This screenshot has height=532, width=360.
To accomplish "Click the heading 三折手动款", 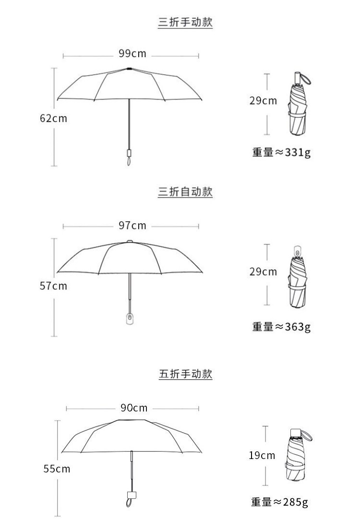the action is pyautogui.click(x=185, y=22).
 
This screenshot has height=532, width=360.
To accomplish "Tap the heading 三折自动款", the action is pyautogui.click(x=185, y=192).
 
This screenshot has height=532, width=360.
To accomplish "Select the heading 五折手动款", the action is pyautogui.click(x=185, y=374).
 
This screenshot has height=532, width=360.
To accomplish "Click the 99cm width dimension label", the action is pyautogui.click(x=132, y=54).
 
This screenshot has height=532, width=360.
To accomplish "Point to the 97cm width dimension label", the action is pyautogui.click(x=132, y=225).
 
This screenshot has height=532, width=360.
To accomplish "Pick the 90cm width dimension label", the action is pyautogui.click(x=134, y=408).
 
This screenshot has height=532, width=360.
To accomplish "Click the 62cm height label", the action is pyautogui.click(x=53, y=118).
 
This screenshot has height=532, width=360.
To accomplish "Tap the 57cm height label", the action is pyautogui.click(x=53, y=286).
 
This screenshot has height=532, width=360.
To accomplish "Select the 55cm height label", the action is pyautogui.click(x=57, y=469).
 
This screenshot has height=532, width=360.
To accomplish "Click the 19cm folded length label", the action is pyautogui.click(x=262, y=455).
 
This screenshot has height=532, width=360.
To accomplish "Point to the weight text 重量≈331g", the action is pyautogui.click(x=281, y=152).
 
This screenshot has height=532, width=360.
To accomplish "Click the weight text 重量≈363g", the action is pyautogui.click(x=281, y=326).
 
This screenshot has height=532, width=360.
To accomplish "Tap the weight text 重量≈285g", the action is pyautogui.click(x=279, y=502).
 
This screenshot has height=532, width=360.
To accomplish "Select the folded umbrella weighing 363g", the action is pyautogui.click(x=298, y=278).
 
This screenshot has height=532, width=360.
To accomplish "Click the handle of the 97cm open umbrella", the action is pyautogui.click(x=129, y=319).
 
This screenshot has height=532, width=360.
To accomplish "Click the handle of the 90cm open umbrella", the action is pyautogui.click(x=130, y=496).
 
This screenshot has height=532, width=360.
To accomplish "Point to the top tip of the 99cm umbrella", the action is pyautogui.click(x=129, y=69).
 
